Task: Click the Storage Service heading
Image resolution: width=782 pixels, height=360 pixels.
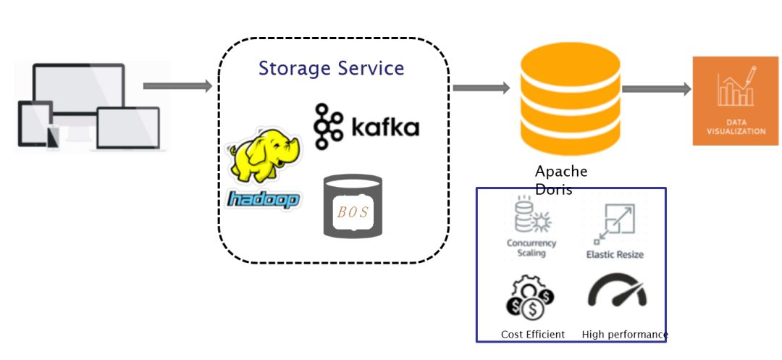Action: pyautogui.click(x=331, y=69)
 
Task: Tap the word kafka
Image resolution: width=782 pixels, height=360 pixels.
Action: pyautogui.click(x=384, y=128)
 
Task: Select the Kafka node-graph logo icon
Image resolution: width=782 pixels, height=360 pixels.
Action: pyautogui.click(x=328, y=126)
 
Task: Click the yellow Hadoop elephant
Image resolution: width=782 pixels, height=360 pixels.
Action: pyautogui.click(x=263, y=155)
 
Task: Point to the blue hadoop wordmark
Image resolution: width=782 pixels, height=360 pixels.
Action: pyautogui.click(x=263, y=199)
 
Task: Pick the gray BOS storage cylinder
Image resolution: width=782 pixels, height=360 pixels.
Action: pyautogui.click(x=352, y=206)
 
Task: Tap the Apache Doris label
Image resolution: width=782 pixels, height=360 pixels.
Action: pyautogui.click(x=561, y=180)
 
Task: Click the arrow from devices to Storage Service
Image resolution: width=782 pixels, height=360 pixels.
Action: pyautogui.click(x=177, y=86)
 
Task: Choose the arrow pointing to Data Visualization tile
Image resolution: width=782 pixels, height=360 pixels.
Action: pyautogui.click(x=656, y=89)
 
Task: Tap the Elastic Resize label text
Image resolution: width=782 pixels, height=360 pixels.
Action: pyautogui.click(x=614, y=255)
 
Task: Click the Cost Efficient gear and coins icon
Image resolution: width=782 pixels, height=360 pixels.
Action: pyautogui.click(x=529, y=298)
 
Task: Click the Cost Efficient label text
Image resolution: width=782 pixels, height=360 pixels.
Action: pyautogui.click(x=533, y=335)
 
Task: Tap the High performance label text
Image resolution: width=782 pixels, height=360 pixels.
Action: pyautogui.click(x=624, y=335)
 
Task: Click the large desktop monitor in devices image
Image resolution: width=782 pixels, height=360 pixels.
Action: pyautogui.click(x=78, y=91)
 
